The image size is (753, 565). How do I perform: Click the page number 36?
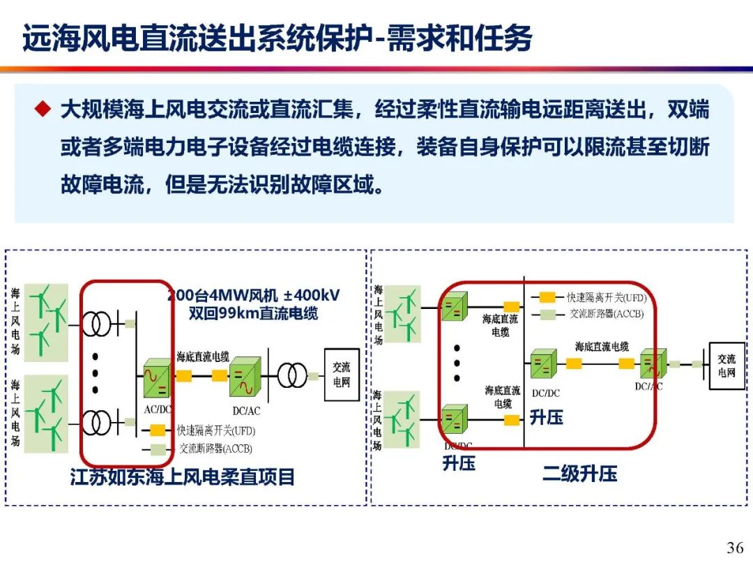tap(735, 548)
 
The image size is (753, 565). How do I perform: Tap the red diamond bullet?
tap(43, 109)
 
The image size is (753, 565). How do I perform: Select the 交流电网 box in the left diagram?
tap(342, 375)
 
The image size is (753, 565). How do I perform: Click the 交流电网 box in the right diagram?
tap(727, 366)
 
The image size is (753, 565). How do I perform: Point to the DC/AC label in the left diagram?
tap(246, 411)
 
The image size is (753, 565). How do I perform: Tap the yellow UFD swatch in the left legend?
tap(158, 430)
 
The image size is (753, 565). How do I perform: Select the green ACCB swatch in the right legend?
tap(547, 315)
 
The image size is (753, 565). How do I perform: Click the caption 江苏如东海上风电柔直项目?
tap(182, 477)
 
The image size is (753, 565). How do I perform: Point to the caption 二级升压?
tap(580, 473)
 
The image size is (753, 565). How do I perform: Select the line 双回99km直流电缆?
tap(253, 313)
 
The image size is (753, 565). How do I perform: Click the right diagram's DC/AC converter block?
tap(653, 363)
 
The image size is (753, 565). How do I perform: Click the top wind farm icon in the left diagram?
tap(46, 322)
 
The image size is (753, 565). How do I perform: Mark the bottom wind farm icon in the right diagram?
tap(402, 419)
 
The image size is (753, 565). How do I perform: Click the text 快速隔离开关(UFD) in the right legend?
tap(607, 297)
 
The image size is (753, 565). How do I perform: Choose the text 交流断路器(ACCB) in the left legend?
tap(215, 449)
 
